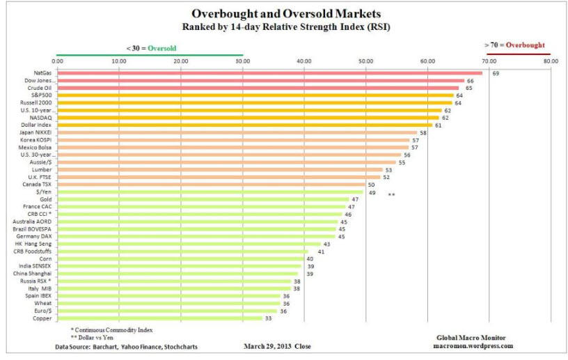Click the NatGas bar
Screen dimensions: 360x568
tap(269, 72)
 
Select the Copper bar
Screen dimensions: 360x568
tap(159, 318)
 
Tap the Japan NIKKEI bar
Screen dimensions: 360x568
tap(237, 132)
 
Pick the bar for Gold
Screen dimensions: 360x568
tap(203, 199)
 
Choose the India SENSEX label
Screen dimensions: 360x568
tap(36, 266)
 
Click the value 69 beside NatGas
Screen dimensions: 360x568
tap(496, 73)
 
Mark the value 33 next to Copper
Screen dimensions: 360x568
tap(268, 318)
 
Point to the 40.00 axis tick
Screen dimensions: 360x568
tap(303, 61)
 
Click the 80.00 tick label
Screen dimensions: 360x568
tap(551, 61)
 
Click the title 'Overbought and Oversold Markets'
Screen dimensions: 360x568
tap(284, 13)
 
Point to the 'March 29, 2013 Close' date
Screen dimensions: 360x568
tap(278, 346)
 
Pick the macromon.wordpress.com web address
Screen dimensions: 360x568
tap(473, 345)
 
